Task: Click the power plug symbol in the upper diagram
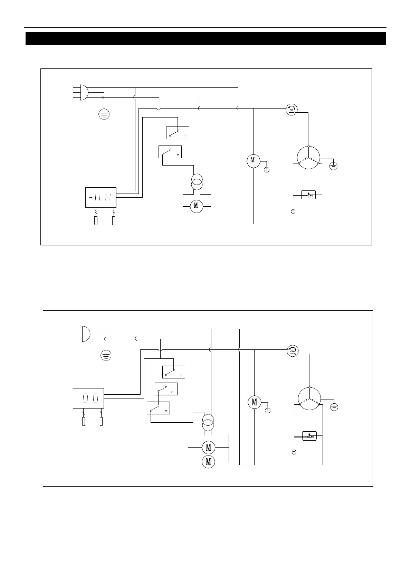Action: (x=84, y=92)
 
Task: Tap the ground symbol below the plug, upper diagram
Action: (x=104, y=114)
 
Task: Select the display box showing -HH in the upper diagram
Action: (x=101, y=197)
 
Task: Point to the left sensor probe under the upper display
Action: (x=96, y=220)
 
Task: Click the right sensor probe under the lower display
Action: (x=101, y=421)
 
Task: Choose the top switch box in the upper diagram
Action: (x=178, y=133)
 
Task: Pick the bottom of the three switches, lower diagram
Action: (x=158, y=408)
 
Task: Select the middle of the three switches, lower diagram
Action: (x=166, y=389)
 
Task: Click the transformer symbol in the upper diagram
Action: (x=197, y=182)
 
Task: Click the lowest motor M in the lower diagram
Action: (x=208, y=462)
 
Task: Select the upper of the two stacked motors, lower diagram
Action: (x=208, y=448)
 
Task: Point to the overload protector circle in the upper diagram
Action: (x=292, y=110)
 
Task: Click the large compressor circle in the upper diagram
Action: (x=308, y=158)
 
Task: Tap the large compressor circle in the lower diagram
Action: (x=309, y=399)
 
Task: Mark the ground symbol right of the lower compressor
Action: (x=334, y=407)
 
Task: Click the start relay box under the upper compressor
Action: (x=308, y=195)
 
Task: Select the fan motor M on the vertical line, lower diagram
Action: (x=255, y=402)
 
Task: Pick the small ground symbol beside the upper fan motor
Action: (x=267, y=169)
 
